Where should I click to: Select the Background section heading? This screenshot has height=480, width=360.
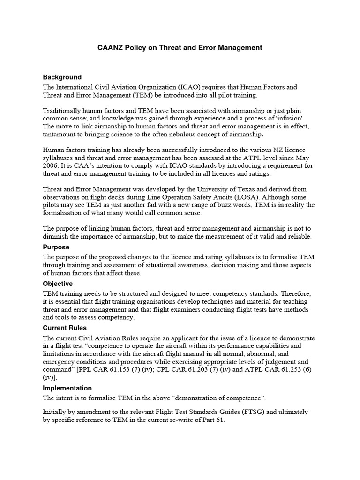pos(62,77)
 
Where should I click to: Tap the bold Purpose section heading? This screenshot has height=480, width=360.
pos(56,247)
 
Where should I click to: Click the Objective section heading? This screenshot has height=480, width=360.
pos(58,284)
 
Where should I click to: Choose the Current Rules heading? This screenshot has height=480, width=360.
pos(65,328)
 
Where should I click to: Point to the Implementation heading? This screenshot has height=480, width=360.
pos(67,388)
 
